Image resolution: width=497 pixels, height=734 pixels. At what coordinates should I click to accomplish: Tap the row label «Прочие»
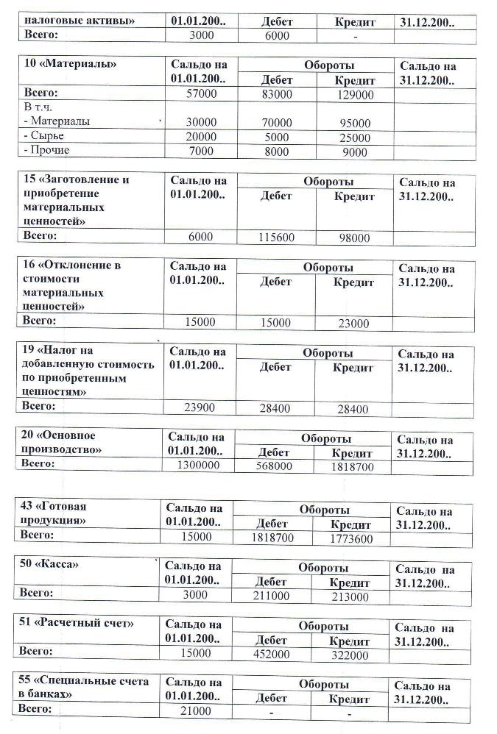click(49, 151)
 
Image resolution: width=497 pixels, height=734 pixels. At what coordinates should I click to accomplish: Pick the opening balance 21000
click(196, 710)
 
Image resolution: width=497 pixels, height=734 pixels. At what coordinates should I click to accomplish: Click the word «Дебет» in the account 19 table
click(276, 367)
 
